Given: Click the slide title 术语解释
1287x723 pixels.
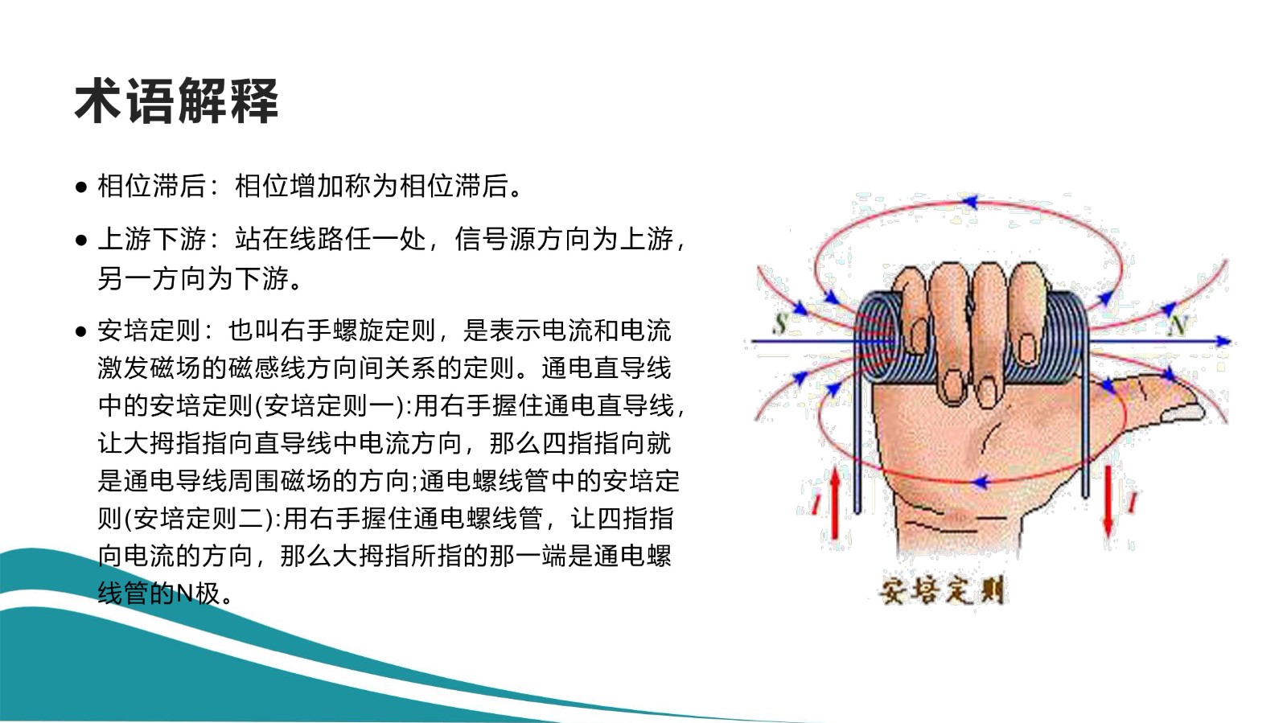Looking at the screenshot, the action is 176,101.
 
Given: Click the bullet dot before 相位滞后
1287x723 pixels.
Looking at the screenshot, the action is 81,187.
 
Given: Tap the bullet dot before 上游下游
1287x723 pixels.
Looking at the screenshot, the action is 81,240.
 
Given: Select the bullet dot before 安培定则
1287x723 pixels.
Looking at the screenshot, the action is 81,331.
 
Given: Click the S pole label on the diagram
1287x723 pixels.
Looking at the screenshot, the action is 779,323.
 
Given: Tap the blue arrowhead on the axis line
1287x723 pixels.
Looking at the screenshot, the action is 1223,342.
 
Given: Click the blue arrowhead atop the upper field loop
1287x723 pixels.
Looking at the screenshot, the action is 970,202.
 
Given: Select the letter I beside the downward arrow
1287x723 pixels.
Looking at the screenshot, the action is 1132,503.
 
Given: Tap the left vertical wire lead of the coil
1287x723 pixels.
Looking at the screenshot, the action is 857,442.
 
